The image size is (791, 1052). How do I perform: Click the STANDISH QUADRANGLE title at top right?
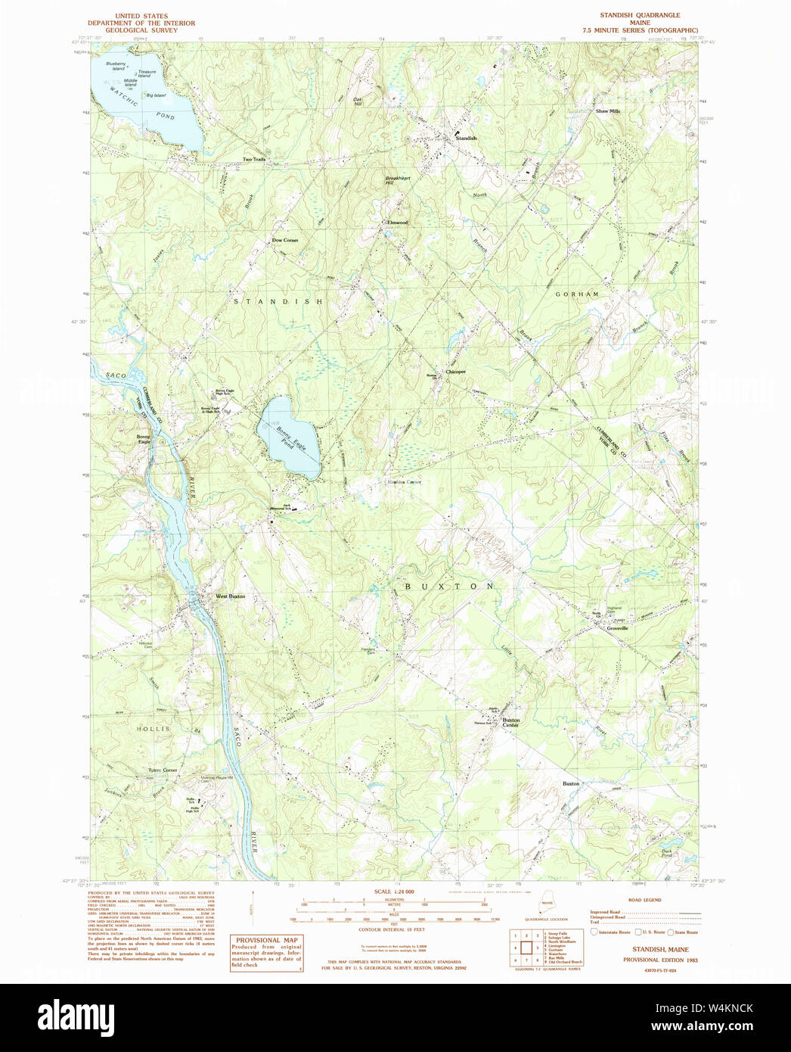640,15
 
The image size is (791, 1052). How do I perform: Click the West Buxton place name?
230,596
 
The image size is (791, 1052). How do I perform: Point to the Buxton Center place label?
511,723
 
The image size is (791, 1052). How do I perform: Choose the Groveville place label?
617,628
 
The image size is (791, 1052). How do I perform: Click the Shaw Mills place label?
607,111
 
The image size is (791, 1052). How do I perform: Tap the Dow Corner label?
285,240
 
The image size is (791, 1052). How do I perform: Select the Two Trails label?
253,159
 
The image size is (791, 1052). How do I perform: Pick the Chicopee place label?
455,372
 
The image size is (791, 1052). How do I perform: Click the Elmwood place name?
397,223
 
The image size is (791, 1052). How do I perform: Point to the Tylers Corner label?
163,770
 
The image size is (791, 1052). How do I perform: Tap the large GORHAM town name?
577,294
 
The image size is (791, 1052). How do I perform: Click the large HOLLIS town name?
153,729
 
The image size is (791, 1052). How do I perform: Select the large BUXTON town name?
449,587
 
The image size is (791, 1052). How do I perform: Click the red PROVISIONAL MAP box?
266,952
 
